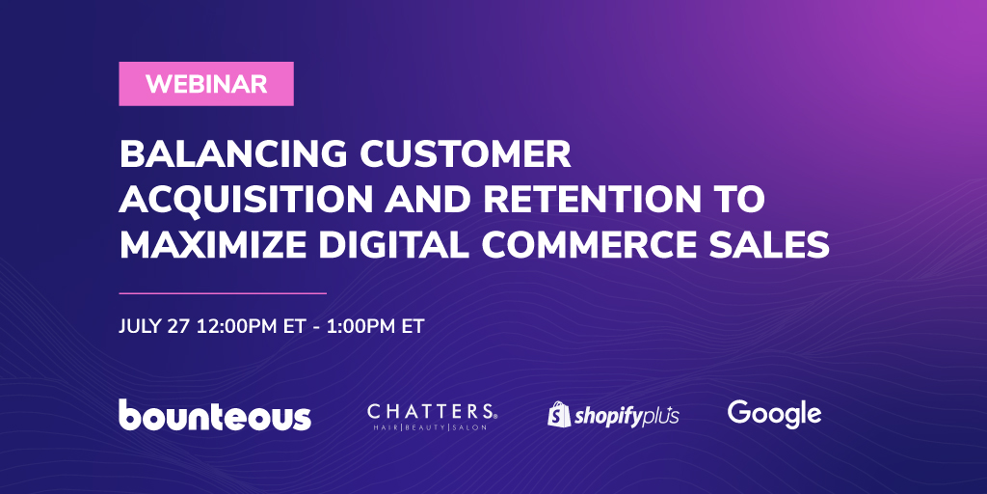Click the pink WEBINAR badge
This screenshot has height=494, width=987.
click(x=206, y=84)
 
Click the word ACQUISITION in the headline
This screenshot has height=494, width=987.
click(x=247, y=200)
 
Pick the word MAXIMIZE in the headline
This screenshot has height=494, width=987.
click(x=213, y=245)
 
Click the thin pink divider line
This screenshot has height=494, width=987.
click(x=223, y=293)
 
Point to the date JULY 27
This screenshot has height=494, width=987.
click(x=154, y=326)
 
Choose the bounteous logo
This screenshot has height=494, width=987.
click(x=215, y=415)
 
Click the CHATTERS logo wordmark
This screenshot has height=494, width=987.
click(x=432, y=412)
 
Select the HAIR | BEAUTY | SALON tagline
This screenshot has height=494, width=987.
click(x=432, y=427)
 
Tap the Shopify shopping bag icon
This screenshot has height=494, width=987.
click(x=559, y=414)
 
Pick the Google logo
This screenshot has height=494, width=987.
click(x=774, y=415)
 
